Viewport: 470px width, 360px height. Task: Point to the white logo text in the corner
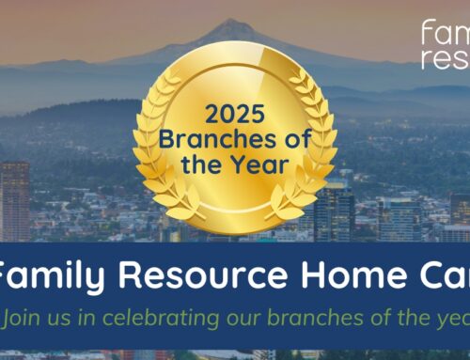pyautogui.click(x=445, y=43)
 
